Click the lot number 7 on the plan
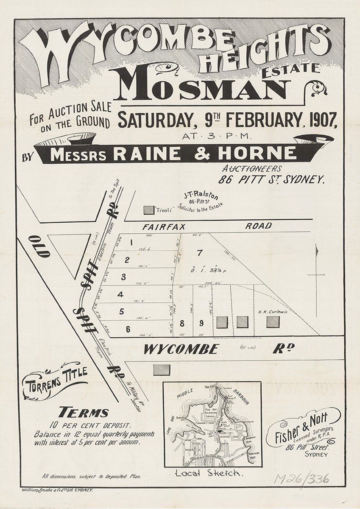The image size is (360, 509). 200,253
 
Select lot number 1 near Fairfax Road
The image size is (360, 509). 132,243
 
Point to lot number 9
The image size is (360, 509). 201,323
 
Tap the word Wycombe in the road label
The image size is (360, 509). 181,350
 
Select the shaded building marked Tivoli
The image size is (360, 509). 149,210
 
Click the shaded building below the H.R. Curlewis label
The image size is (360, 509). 273,322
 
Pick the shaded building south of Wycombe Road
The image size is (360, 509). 162,370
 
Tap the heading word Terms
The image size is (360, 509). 84,412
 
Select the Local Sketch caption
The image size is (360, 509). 209,474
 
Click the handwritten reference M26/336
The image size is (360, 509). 301,478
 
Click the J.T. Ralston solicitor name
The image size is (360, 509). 201,196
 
